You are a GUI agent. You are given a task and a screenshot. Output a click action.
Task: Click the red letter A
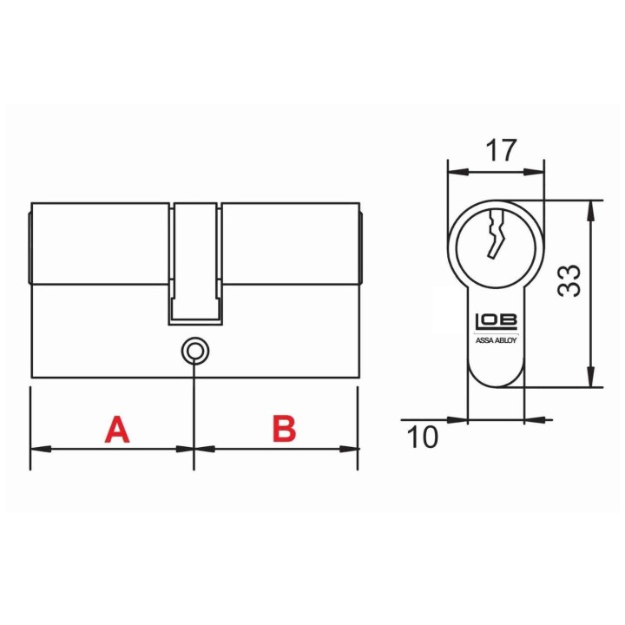pyautogui.click(x=117, y=430)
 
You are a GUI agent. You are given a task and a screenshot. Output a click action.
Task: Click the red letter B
pyautogui.click(x=284, y=429)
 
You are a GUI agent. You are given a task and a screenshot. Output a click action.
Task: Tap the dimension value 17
pyautogui.click(x=501, y=150)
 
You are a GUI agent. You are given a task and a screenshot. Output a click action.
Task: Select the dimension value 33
pyautogui.click(x=569, y=280)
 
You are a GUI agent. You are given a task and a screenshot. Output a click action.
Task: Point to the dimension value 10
pyautogui.click(x=423, y=437)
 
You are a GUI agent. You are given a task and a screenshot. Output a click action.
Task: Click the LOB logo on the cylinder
pyautogui.click(x=497, y=321)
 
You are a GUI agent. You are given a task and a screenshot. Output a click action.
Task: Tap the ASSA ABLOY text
pyautogui.click(x=497, y=340)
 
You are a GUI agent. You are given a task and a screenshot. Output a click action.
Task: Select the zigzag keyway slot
pyautogui.click(x=496, y=234)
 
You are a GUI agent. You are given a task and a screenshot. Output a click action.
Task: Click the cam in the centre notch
pyautogui.click(x=195, y=262)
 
